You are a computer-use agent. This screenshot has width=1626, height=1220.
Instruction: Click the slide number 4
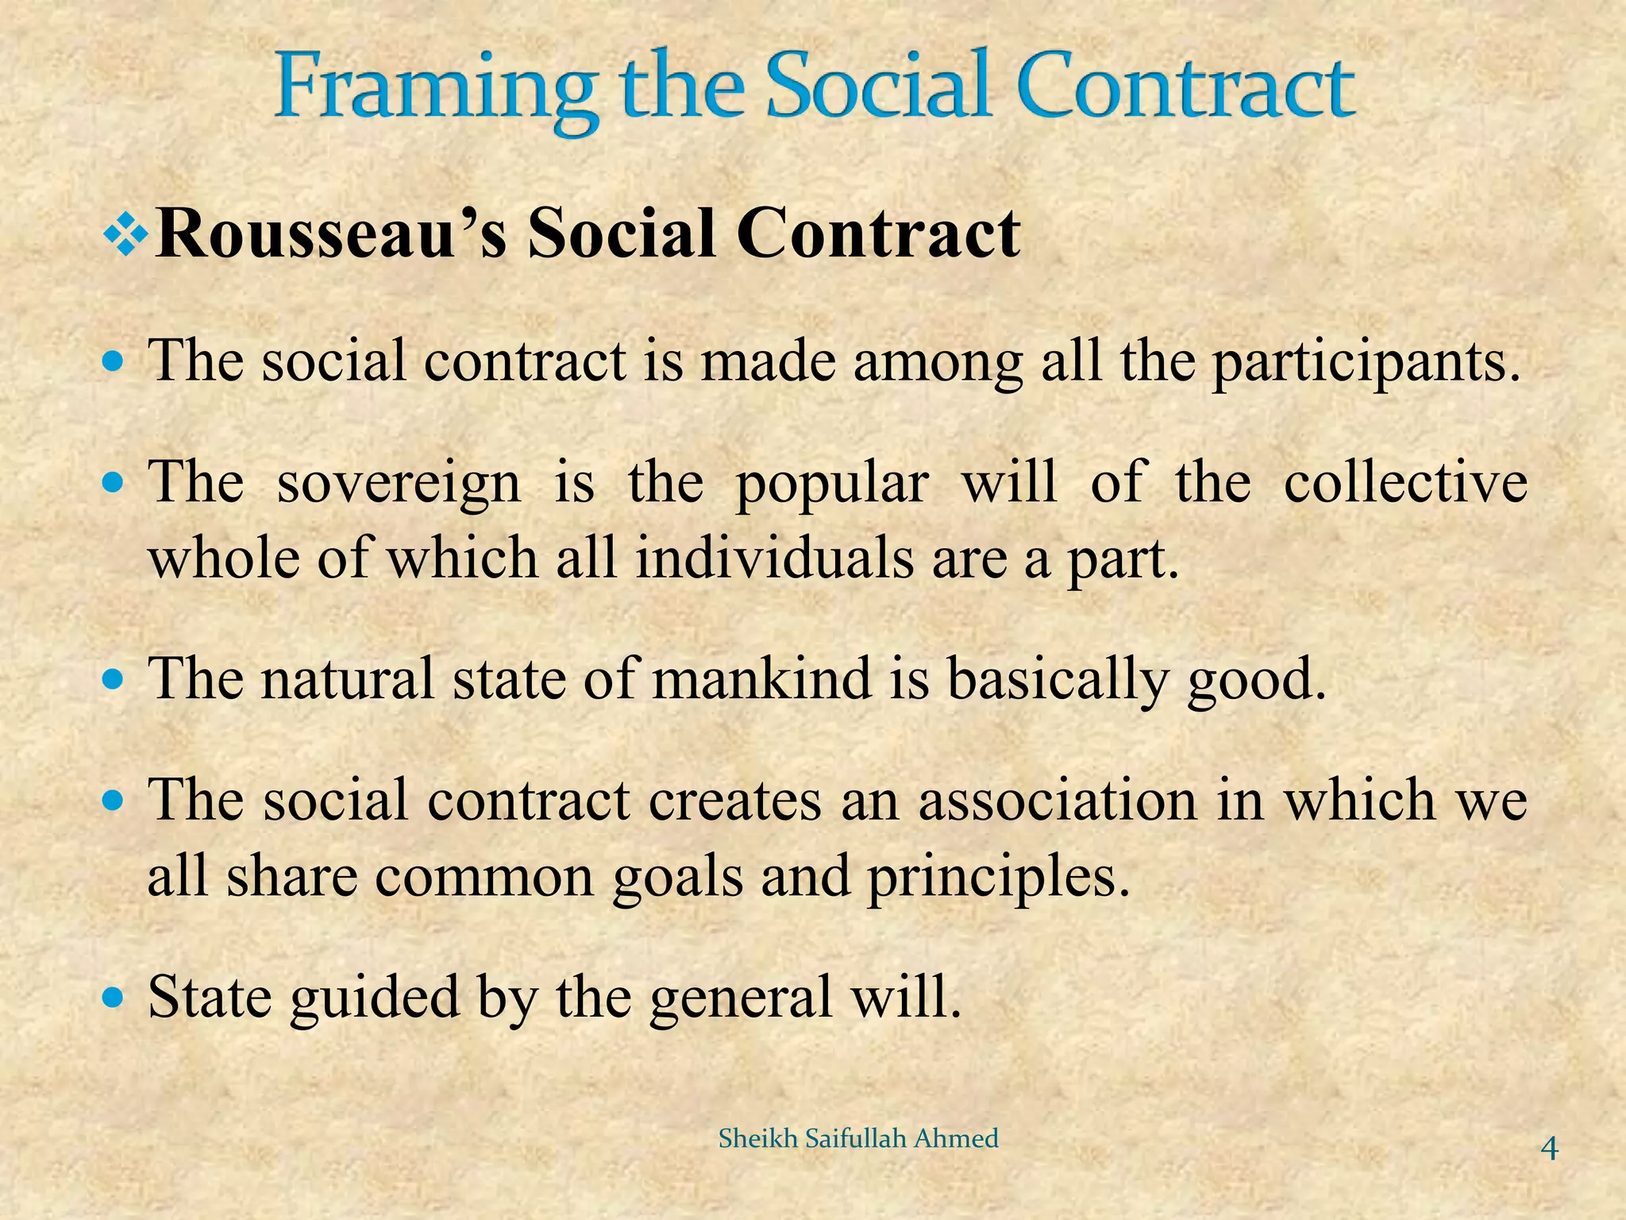tap(1548, 1149)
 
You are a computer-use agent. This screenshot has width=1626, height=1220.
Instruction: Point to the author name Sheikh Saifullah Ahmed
tap(858, 1139)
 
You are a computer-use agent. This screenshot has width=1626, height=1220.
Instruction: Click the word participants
tap(1366, 361)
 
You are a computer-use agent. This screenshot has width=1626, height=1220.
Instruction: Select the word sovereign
tap(399, 483)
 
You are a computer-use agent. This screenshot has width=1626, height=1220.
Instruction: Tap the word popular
tap(832, 483)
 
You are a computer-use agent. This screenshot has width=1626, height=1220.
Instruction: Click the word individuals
tap(774, 558)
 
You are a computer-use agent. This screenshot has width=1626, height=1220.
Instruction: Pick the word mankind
tap(761, 679)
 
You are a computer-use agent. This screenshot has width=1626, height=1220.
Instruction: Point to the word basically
tap(1058, 681)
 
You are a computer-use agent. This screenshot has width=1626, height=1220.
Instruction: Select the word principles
tap(998, 878)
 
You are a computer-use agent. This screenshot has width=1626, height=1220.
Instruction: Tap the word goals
tap(677, 878)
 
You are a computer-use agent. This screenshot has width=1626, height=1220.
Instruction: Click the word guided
tap(375, 998)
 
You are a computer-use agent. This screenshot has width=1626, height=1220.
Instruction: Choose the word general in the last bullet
tap(741, 998)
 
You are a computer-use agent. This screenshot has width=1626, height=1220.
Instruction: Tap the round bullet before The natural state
tap(115, 679)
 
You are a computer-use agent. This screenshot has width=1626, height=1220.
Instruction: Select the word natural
tap(348, 679)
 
